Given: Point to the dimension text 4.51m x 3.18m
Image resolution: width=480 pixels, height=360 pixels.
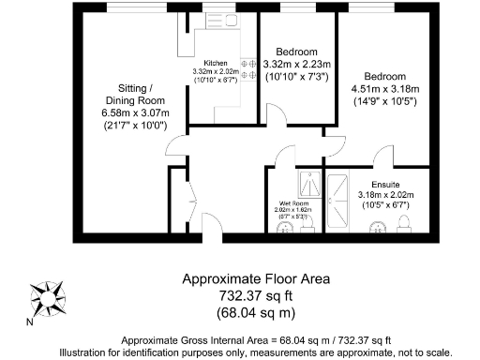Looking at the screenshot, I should (384, 89).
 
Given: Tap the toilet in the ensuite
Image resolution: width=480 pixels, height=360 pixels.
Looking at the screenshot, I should (405, 222).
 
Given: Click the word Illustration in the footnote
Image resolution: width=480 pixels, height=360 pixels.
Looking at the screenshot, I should (87, 352).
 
